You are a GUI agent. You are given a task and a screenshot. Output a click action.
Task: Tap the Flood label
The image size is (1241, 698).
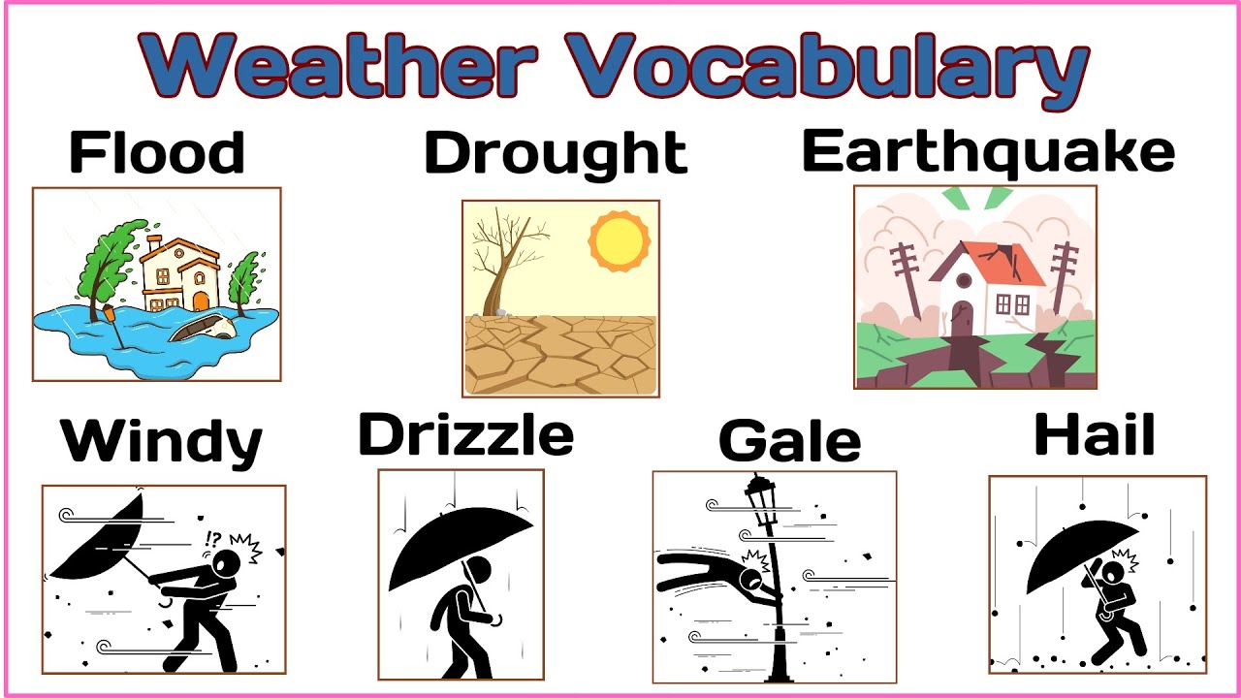(157, 153)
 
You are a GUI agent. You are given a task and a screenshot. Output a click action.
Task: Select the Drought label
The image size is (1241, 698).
(556, 153)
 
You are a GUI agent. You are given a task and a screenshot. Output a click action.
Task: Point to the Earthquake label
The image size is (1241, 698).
(988, 152)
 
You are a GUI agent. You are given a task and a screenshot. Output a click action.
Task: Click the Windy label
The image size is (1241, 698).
(162, 442)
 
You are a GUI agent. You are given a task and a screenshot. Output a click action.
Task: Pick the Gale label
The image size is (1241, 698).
(789, 442)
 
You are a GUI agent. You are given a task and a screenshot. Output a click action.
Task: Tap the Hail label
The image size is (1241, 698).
(1095, 435)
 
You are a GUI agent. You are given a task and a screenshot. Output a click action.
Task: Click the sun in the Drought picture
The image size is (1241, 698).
(619, 241)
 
